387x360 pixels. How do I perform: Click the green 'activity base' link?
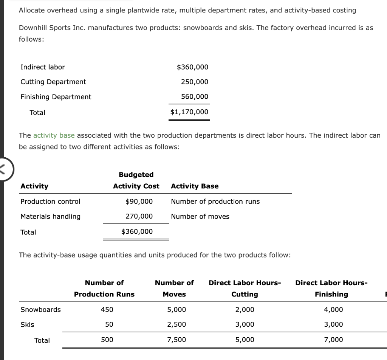coord(54,135)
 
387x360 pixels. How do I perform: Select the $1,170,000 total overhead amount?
coord(189,112)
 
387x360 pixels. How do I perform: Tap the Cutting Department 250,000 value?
coord(194,82)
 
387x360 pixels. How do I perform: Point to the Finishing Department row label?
coord(56,97)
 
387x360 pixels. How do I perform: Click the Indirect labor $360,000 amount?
coord(192,67)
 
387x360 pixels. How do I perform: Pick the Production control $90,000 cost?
coord(139,201)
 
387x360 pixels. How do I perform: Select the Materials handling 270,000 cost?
coord(139,216)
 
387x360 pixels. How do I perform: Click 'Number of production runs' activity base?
coord(215,201)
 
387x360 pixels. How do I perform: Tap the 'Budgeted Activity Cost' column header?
coord(136,180)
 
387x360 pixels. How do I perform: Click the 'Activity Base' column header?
coord(195,186)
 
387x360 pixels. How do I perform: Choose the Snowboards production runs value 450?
coord(107,310)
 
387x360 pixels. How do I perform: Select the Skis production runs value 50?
coord(109,324)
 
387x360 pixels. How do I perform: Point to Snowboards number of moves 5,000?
coord(176,310)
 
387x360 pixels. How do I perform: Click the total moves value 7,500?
coord(176,340)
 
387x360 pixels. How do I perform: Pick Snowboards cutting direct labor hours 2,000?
coord(245,310)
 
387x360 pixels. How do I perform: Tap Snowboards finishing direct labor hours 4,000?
coord(334,310)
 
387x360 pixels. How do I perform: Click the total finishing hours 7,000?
coord(334,340)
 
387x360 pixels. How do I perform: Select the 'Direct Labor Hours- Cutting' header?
coord(245,288)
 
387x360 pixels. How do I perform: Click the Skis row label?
coord(27,324)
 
